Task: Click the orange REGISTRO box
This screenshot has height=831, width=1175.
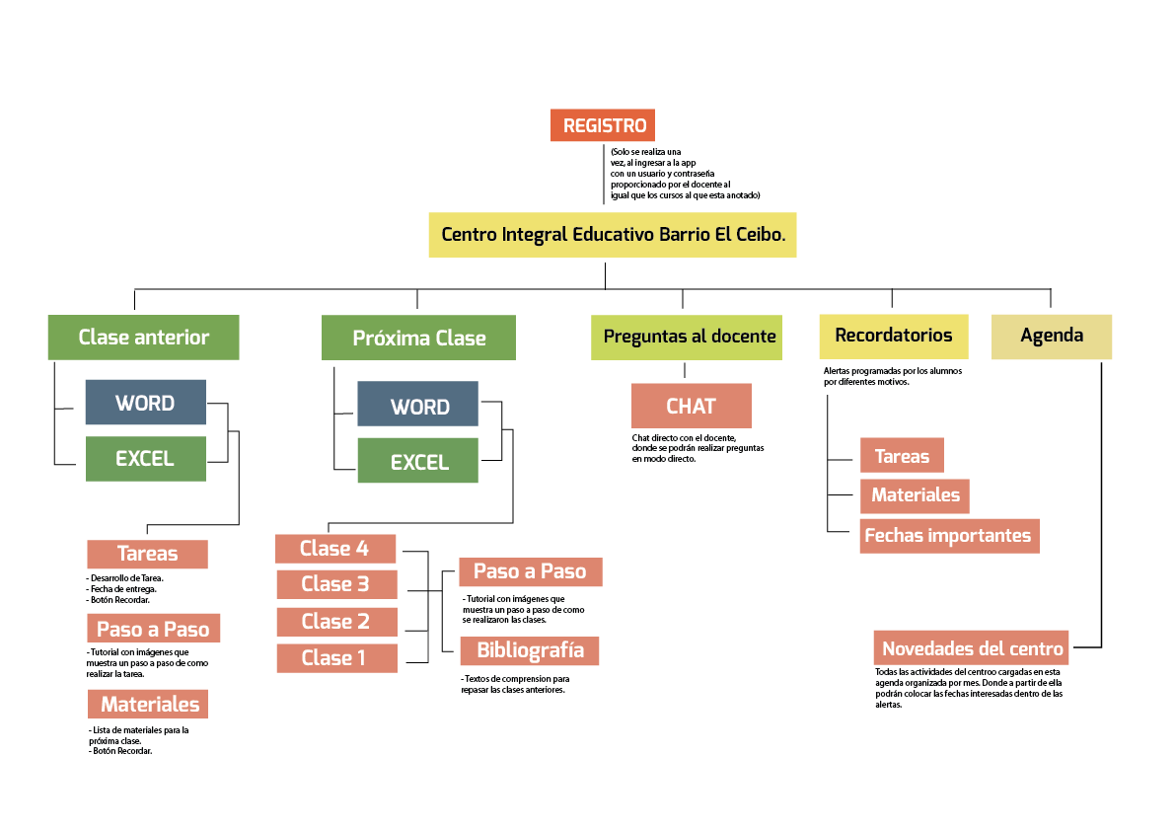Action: pos(603,125)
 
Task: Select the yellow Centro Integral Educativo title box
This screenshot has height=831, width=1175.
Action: pos(612,235)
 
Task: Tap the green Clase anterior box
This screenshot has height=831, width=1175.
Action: pos(143,338)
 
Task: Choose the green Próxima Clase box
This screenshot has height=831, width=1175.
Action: pos(418,339)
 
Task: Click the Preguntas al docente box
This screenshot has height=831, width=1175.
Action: pos(689,337)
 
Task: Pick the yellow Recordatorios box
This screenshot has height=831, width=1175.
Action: pos(893,336)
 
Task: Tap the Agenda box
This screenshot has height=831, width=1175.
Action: pos(1052,336)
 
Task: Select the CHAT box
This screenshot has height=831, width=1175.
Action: pos(691,406)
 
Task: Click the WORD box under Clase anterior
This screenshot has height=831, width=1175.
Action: pos(145,403)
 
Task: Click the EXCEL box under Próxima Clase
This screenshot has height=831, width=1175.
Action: pos(418,462)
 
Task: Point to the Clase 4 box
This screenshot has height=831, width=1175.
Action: pos(335,549)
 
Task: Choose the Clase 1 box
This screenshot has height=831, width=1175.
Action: pos(335,658)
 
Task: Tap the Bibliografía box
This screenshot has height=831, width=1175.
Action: pos(530,650)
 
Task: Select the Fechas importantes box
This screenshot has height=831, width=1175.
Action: pos(948,536)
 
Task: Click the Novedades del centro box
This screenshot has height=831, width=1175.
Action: pos(972,648)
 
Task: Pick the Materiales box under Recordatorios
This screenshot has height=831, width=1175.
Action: pos(915,495)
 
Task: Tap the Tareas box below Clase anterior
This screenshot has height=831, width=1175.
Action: pos(147,555)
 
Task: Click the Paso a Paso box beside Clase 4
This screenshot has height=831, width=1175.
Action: pos(530,572)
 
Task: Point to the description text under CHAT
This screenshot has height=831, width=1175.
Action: pos(698,448)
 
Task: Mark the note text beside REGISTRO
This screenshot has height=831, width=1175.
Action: pos(685,174)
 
